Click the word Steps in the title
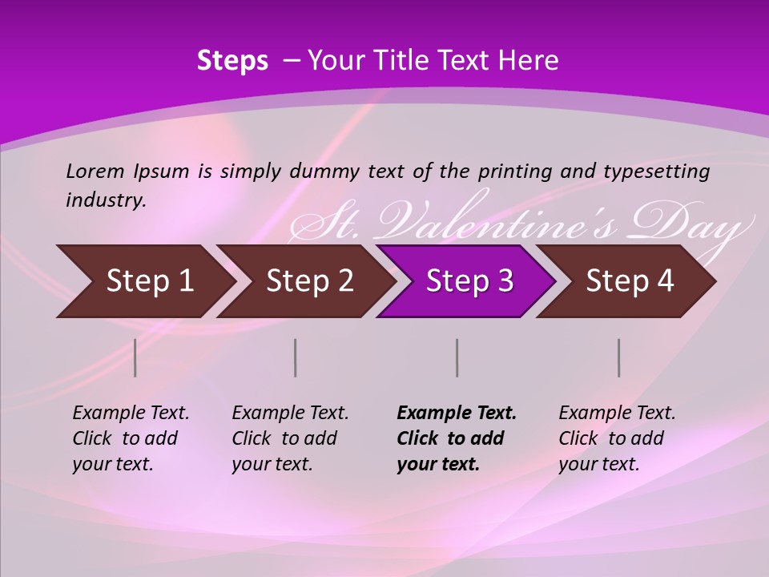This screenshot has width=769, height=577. point(232,61)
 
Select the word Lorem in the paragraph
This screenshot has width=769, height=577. point(95,171)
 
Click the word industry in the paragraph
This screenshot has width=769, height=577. point(105,200)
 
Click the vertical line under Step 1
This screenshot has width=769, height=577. point(135,357)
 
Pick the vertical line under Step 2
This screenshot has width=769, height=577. point(296,357)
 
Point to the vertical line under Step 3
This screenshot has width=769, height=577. point(457,357)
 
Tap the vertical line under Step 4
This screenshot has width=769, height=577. point(619,357)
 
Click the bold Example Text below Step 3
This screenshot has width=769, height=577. point(457,414)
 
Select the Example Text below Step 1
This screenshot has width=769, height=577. point(131,414)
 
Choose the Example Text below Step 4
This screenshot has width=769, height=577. point(617,414)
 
